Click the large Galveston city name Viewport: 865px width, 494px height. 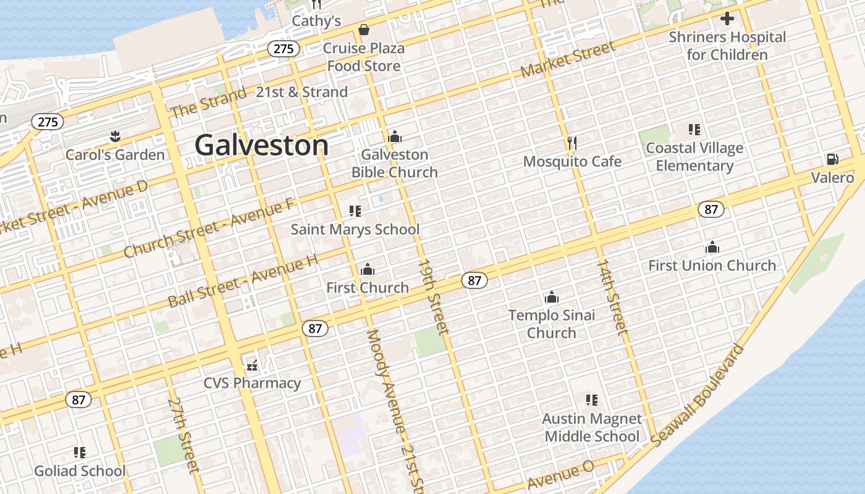pyautogui.click(x=261, y=146)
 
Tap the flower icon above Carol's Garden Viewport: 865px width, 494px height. pyautogui.click(x=115, y=135)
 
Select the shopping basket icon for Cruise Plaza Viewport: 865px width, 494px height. pyautogui.click(x=364, y=30)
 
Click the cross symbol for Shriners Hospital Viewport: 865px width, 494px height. pyautogui.click(x=727, y=19)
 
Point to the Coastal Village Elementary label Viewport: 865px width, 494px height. pyautogui.click(x=694, y=157)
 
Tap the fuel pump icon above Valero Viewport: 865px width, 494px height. pyautogui.click(x=832, y=159)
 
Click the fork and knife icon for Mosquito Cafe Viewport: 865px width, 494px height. pyautogui.click(x=572, y=143)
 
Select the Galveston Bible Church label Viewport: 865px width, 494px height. pyautogui.click(x=395, y=163)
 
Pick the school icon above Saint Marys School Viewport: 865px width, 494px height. pyautogui.click(x=355, y=211)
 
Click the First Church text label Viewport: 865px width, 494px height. pyautogui.click(x=368, y=288)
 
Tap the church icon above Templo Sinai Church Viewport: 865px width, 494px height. pyautogui.click(x=552, y=298)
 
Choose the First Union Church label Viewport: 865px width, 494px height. pyautogui.click(x=712, y=266)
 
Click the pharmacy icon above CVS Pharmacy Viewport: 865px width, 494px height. pyautogui.click(x=252, y=365)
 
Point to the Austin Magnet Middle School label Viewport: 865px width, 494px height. pyautogui.click(x=592, y=427)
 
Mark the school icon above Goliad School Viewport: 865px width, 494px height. pyautogui.click(x=80, y=453)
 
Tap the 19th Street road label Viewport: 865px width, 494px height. pyautogui.click(x=433, y=296)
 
